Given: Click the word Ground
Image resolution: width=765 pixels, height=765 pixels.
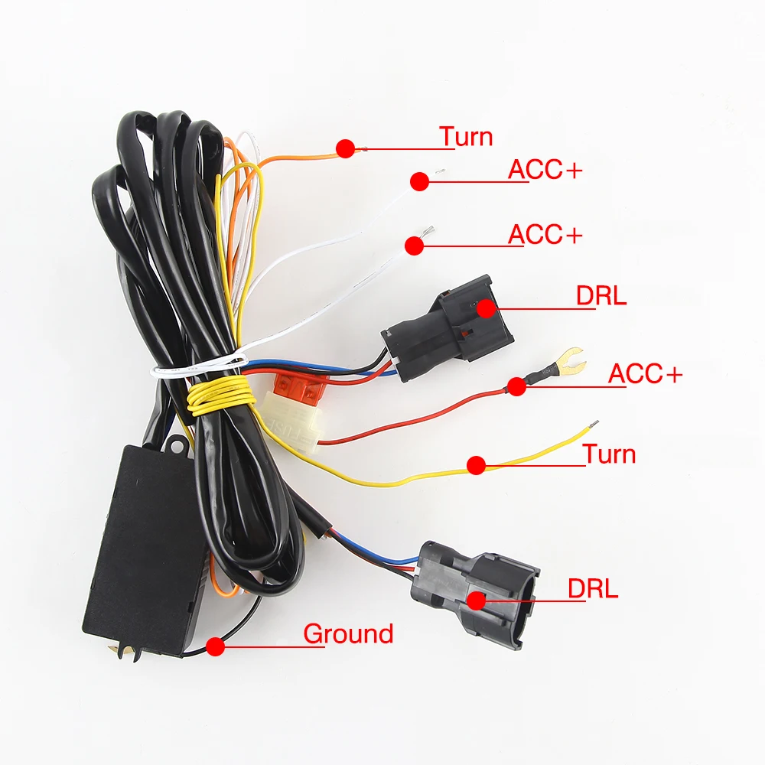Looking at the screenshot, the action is click(348, 634).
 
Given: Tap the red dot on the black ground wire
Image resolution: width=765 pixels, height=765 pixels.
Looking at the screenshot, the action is click(216, 646).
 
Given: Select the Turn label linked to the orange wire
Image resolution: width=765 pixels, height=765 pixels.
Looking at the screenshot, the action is click(466, 137).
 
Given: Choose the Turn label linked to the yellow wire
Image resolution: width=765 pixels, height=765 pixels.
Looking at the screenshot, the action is click(610, 454).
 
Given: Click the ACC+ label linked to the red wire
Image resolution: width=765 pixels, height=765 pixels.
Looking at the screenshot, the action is click(645, 374).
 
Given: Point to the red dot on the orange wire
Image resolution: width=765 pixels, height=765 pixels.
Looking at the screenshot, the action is click(346, 148).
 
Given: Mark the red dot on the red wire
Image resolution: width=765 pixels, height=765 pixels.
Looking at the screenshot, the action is click(517, 386).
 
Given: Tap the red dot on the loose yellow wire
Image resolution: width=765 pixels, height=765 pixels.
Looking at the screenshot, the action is click(477, 464).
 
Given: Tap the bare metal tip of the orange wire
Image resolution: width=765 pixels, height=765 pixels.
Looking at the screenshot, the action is click(365, 150).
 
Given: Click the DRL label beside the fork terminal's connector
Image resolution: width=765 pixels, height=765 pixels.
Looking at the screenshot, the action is click(601, 295).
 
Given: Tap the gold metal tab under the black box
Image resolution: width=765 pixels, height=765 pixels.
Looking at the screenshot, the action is click(122, 651).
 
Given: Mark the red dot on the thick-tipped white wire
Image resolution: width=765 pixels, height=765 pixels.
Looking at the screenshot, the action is click(414, 245).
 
